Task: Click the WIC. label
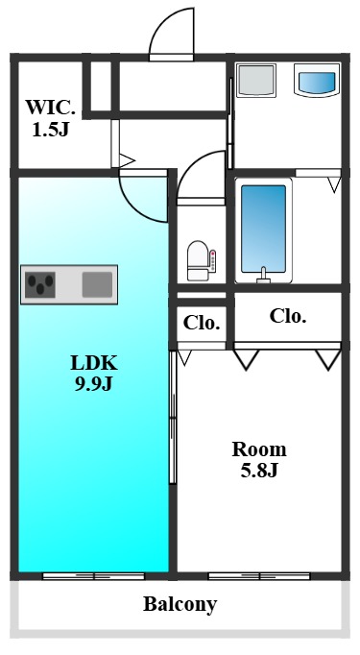51,109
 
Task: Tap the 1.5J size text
51,131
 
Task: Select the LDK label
94,363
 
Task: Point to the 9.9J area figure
94,384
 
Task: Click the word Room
259,449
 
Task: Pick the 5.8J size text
259,471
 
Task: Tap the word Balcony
180,604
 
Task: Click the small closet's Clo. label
202,323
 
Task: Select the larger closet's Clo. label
288,316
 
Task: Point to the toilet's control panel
212,260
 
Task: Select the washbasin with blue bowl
317,81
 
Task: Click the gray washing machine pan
256,81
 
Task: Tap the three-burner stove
40,284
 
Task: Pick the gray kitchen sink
97,284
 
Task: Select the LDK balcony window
93,576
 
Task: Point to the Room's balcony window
259,576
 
